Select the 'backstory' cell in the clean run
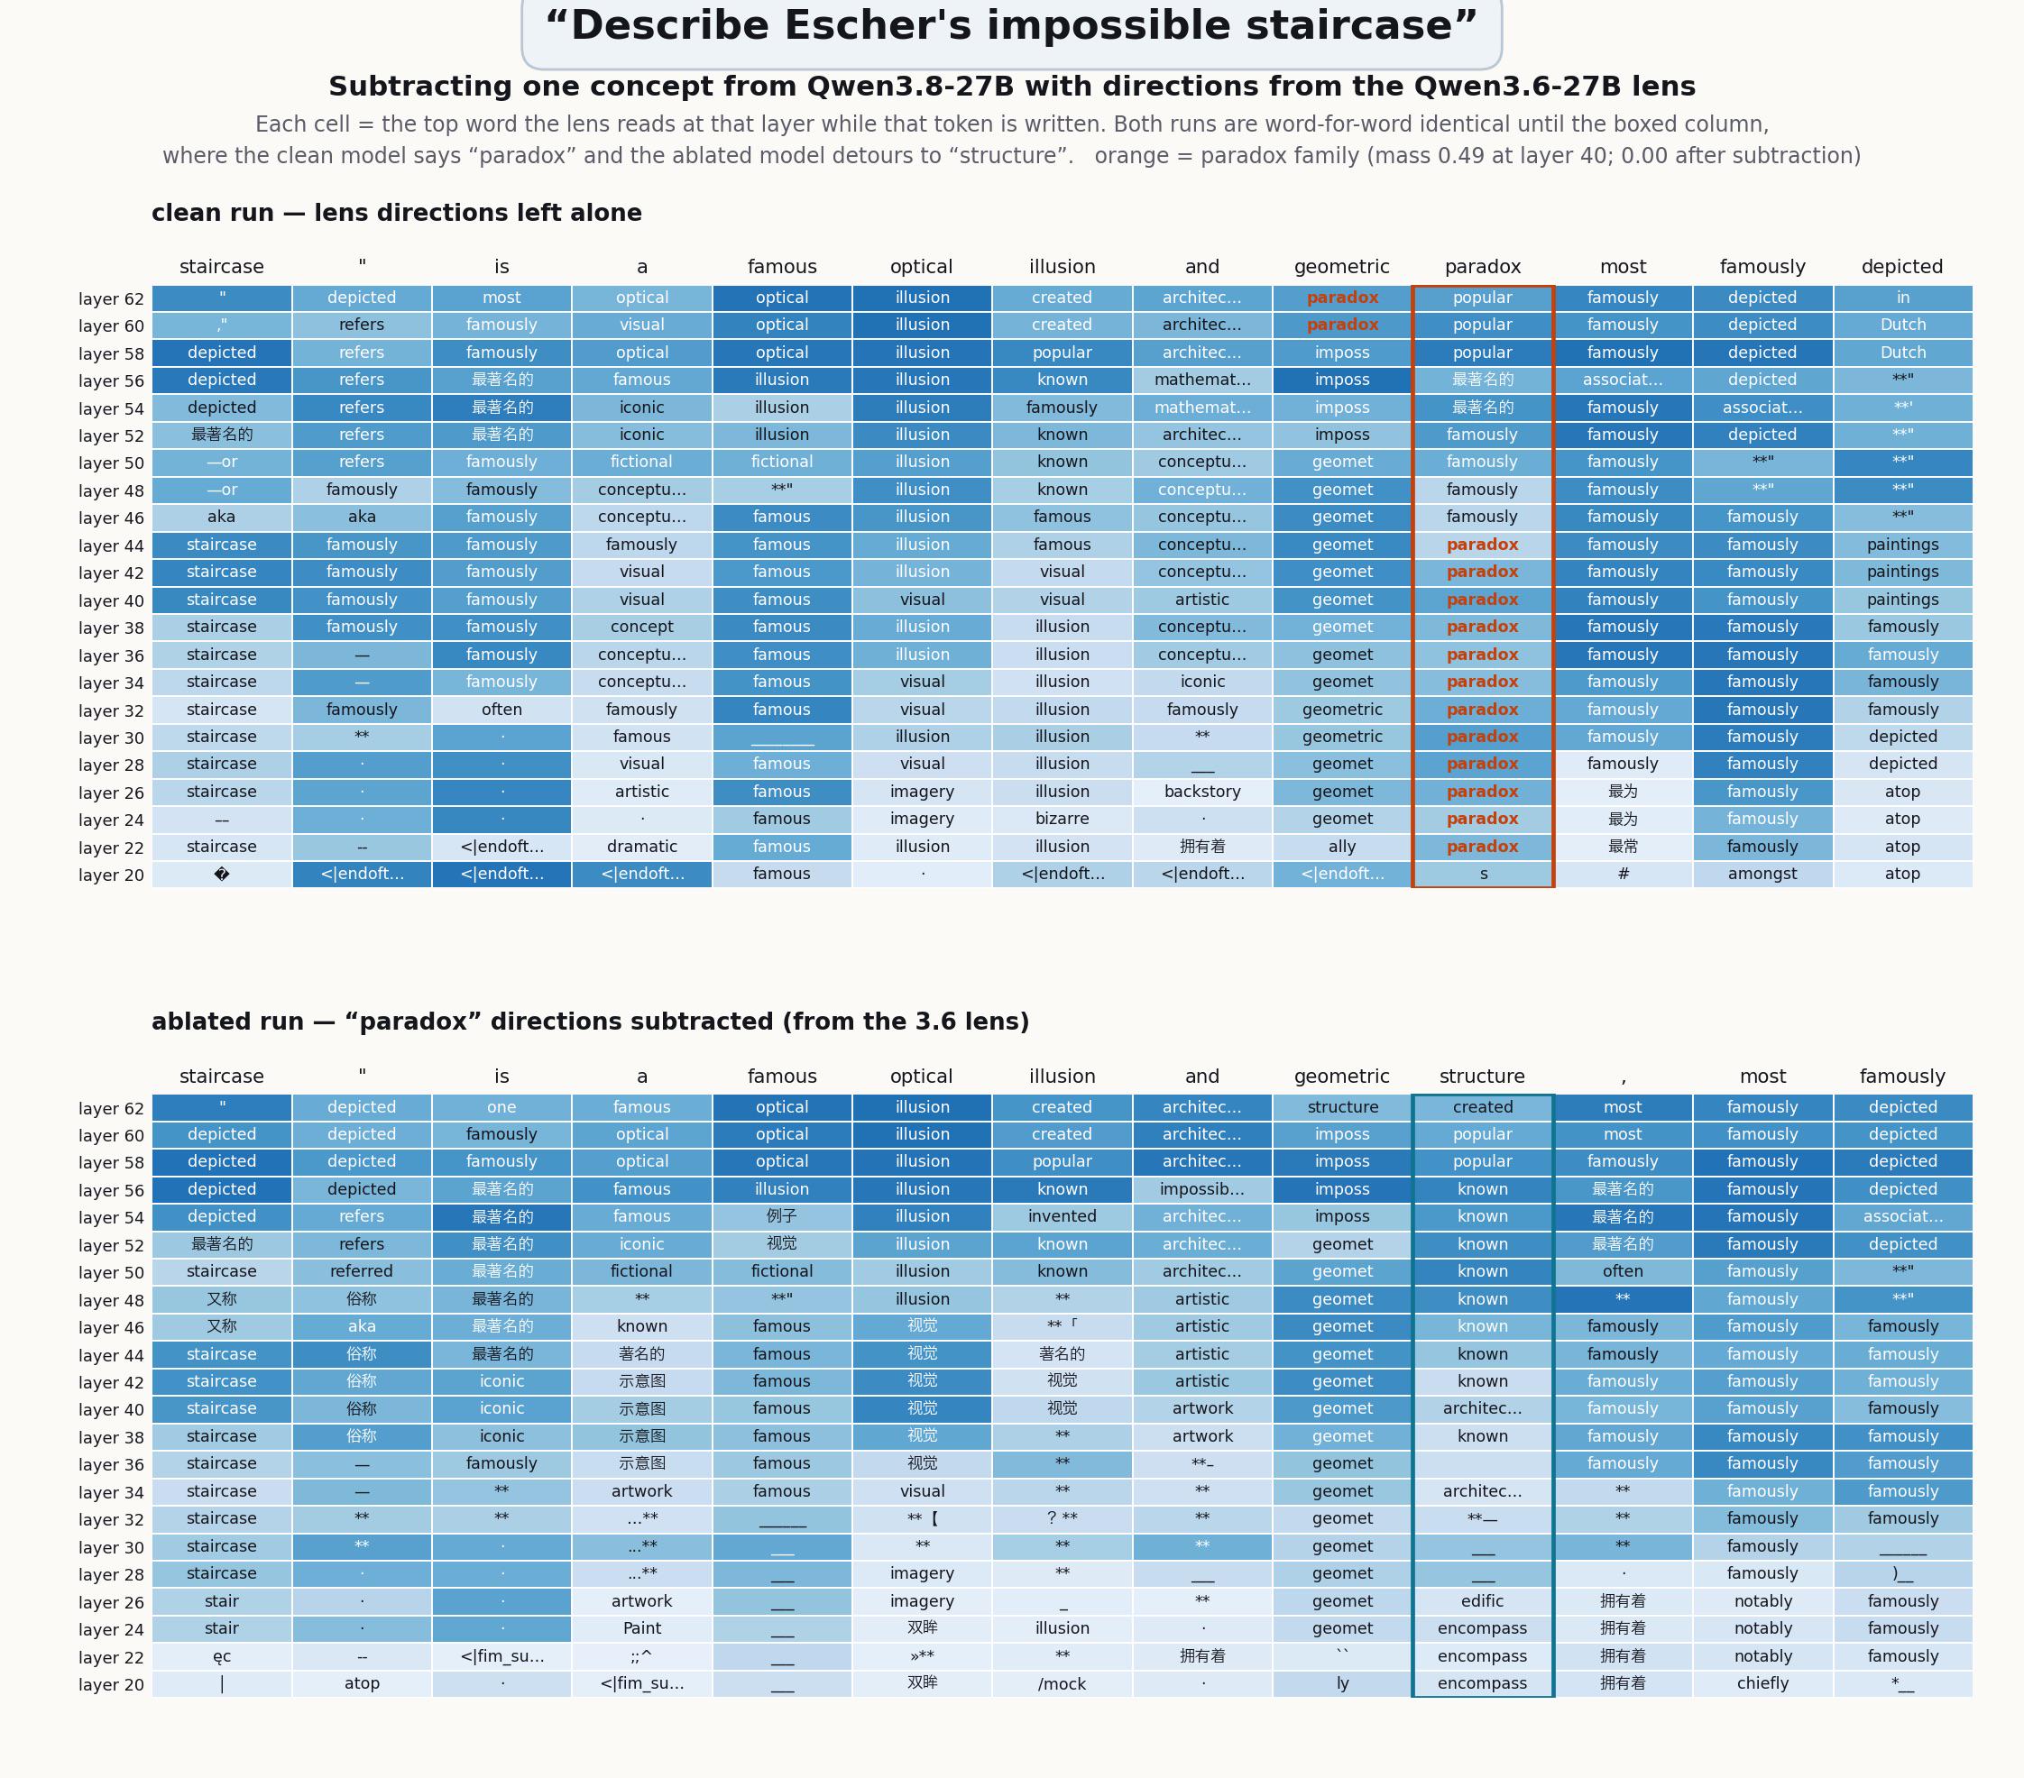(1202, 792)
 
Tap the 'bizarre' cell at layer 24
(1063, 819)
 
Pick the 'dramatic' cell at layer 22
(641, 847)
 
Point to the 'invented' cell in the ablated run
(1063, 1216)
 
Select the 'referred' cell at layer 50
(362, 1271)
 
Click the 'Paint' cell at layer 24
(641, 1628)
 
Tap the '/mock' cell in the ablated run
(1063, 1683)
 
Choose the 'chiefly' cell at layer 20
(1762, 1683)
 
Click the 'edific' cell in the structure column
(1482, 1600)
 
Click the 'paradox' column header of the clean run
(1482, 267)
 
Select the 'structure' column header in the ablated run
(1482, 1077)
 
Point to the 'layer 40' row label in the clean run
(111, 600)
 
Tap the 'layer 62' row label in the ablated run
(111, 1109)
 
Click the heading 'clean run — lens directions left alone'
(396, 213)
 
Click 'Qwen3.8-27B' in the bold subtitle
(910, 87)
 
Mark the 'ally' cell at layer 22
(1342, 847)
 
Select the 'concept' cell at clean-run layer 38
(641, 627)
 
